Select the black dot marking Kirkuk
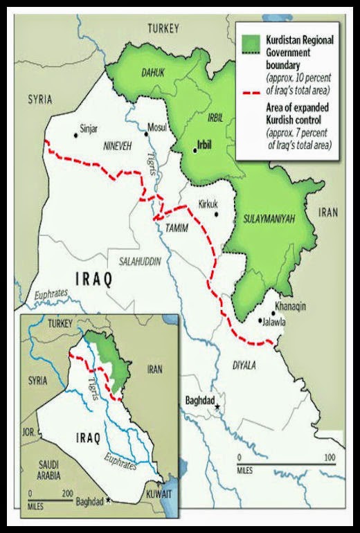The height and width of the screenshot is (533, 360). (x=217, y=214)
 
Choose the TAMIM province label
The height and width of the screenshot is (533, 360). (x=177, y=227)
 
